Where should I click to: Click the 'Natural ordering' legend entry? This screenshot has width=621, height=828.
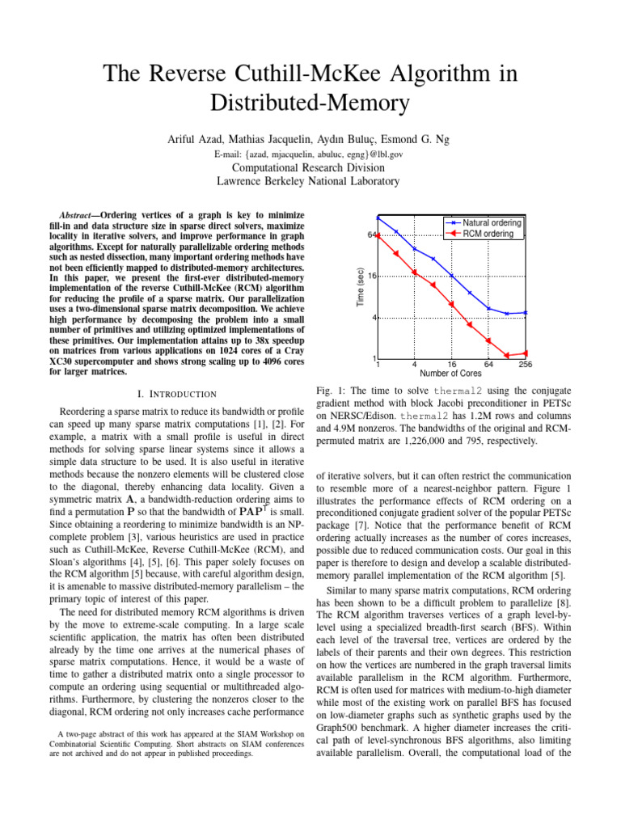tap(492, 222)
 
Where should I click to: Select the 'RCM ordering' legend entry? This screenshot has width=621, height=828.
tap(488, 234)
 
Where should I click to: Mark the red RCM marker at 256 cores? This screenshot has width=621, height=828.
tap(526, 353)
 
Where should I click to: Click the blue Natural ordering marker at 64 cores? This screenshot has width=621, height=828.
tap(488, 308)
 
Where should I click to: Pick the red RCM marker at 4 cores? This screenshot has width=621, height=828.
tap(414, 272)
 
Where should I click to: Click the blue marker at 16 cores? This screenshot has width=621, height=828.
tap(451, 276)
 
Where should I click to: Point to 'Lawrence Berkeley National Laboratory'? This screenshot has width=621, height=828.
tap(310, 182)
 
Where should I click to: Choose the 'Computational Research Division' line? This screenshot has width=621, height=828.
tap(310, 167)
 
